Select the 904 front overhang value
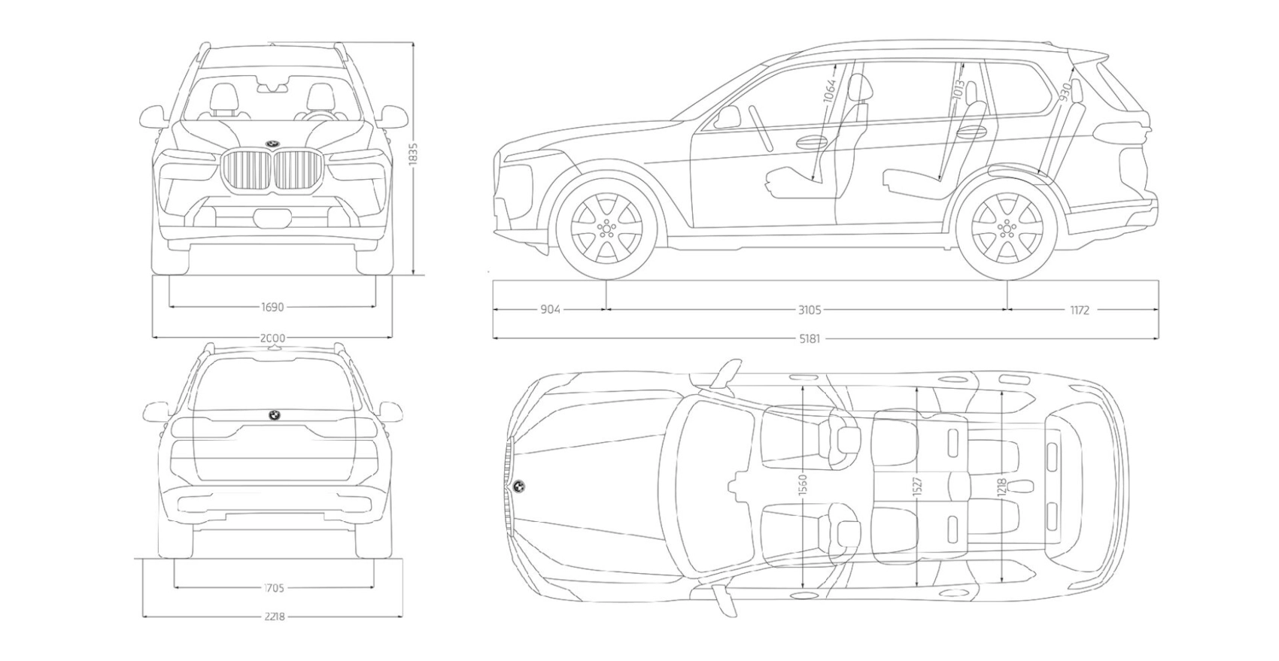pyautogui.click(x=550, y=309)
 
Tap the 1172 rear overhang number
pyautogui.click(x=1080, y=309)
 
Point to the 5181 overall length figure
pyautogui.click(x=810, y=338)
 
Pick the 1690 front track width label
pyautogui.click(x=272, y=307)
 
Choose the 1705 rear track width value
pyautogui.click(x=274, y=588)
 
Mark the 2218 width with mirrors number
pyautogui.click(x=274, y=617)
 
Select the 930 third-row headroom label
pyautogui.click(x=1065, y=91)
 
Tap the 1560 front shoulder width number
pyautogui.click(x=802, y=486)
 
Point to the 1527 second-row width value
pyautogui.click(x=917, y=486)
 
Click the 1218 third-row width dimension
pyautogui.click(x=1001, y=486)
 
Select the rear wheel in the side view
pyautogui.click(x=1007, y=226)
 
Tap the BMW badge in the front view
pyautogui.click(x=272, y=143)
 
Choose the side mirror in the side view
pyautogui.click(x=728, y=117)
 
